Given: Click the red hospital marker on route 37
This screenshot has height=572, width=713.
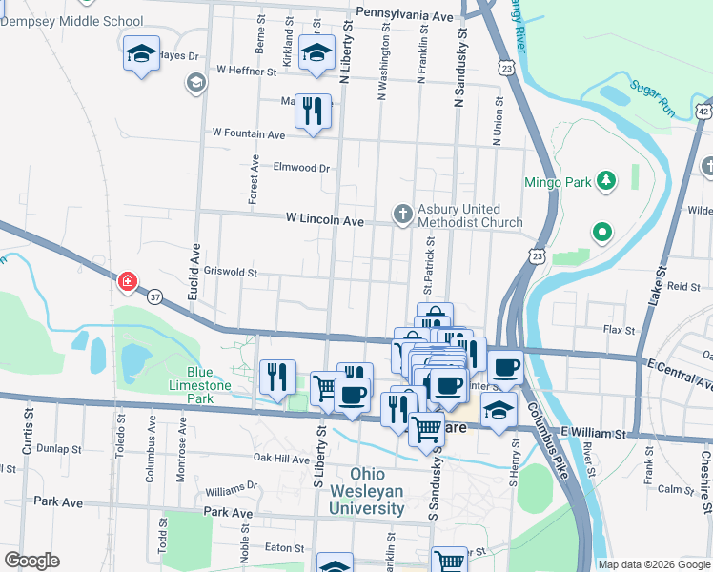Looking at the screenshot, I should click(126, 281).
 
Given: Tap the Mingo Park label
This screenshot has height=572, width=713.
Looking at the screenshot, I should click(556, 181).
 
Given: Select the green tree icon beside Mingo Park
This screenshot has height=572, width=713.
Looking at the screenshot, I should click(603, 180).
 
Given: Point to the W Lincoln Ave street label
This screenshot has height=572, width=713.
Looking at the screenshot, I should click(325, 220).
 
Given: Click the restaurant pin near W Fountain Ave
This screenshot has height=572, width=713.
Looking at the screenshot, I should click(313, 112).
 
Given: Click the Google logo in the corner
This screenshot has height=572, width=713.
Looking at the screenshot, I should click(31, 560).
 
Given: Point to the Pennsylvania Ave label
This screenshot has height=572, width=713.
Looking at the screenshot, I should click(404, 15).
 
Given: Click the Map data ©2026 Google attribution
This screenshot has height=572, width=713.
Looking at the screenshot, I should click(654, 564).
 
